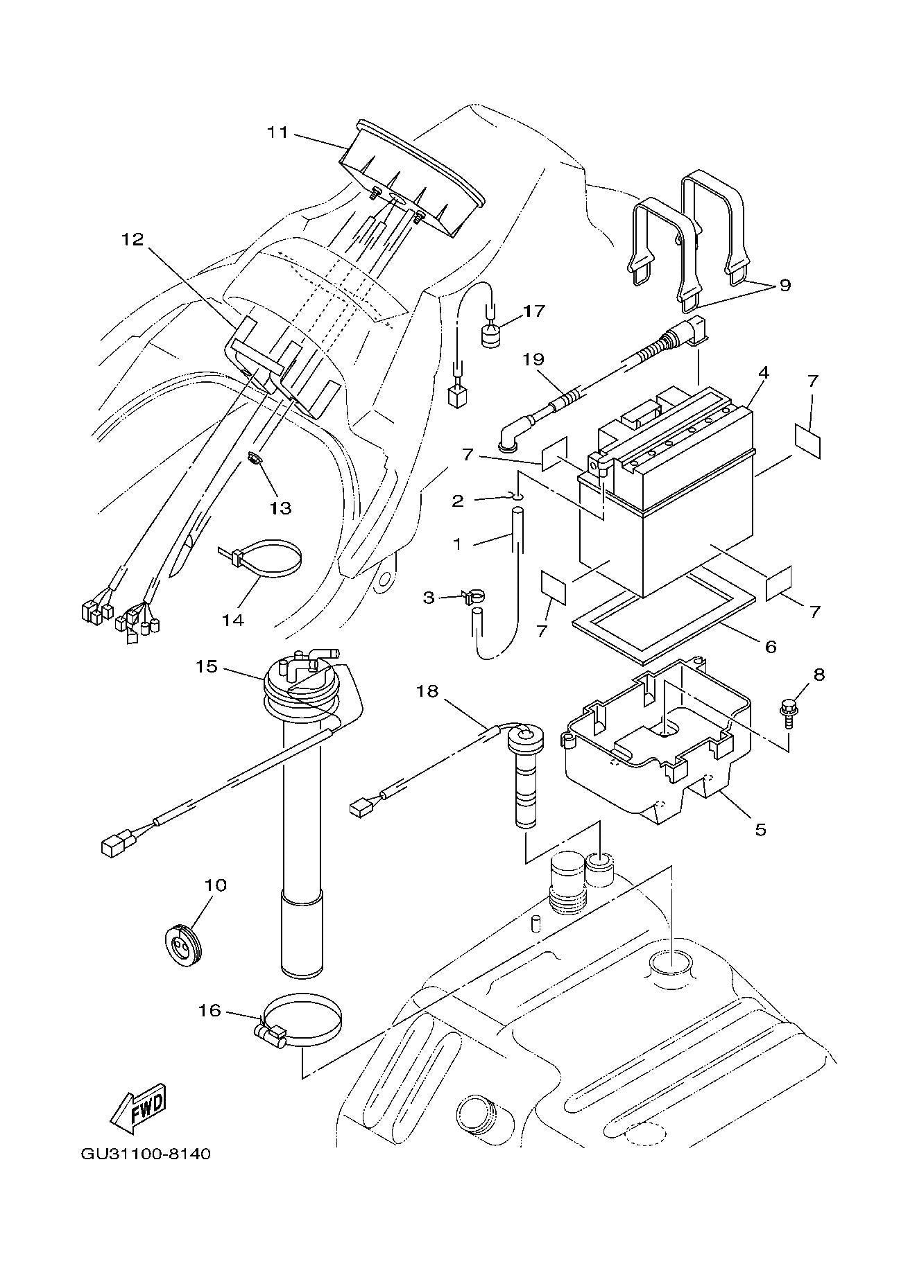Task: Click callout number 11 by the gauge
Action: (278, 131)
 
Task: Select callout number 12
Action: (132, 239)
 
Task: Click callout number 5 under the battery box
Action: (760, 829)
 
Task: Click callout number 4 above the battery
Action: (763, 372)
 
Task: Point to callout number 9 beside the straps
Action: (785, 285)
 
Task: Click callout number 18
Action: (428, 691)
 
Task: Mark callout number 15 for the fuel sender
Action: (206, 667)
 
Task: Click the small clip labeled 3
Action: (472, 596)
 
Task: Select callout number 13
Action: (280, 508)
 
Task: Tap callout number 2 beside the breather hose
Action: (458, 500)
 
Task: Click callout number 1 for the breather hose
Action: (457, 544)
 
